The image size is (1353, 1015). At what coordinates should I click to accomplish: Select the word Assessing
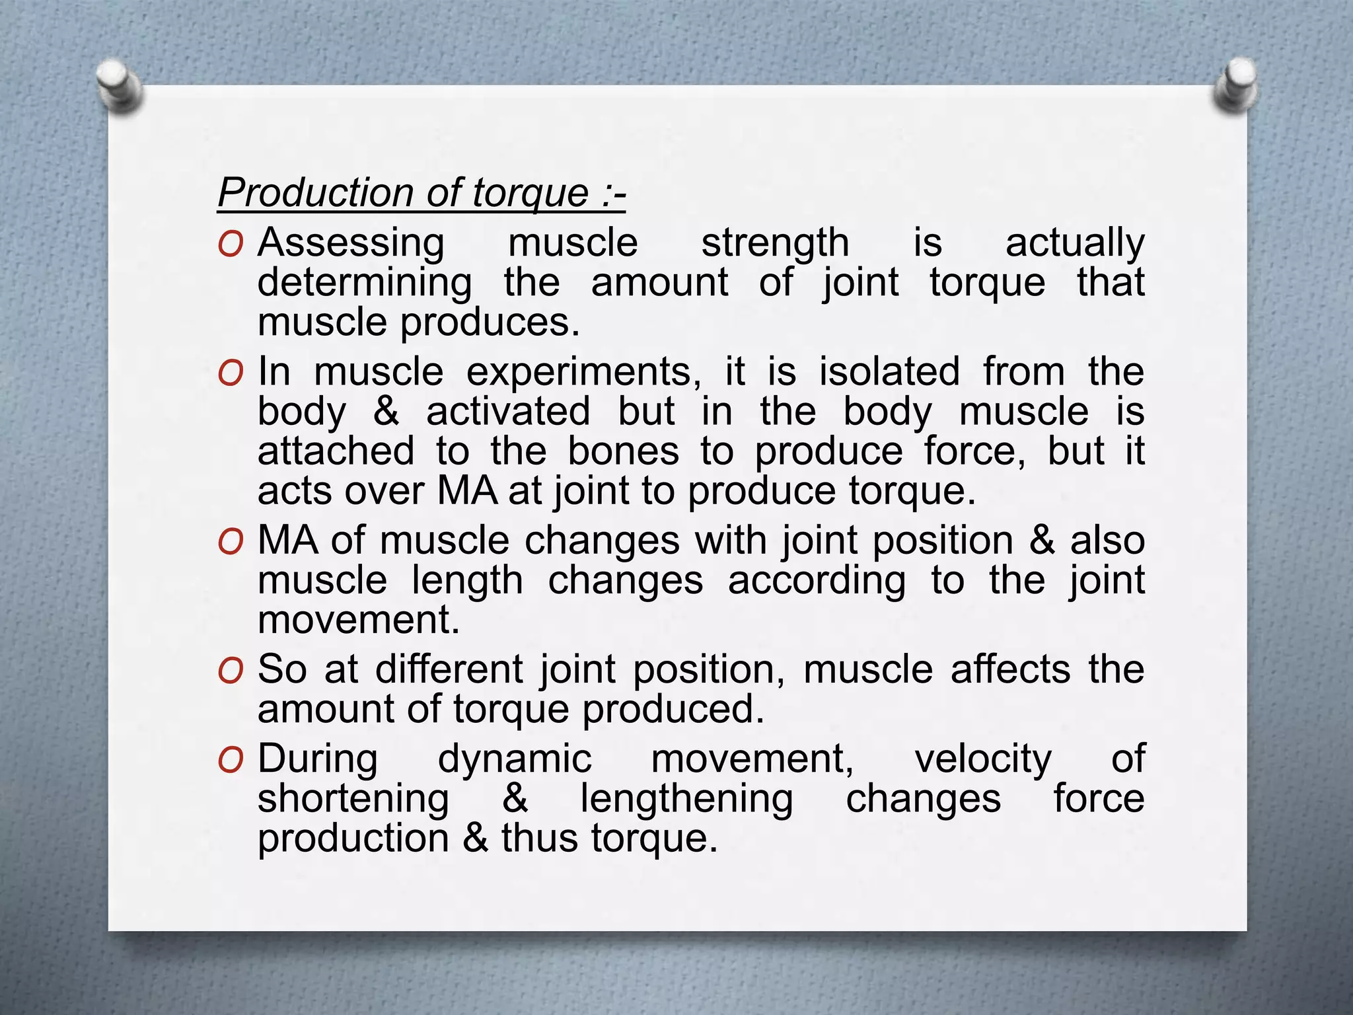pyautogui.click(x=351, y=243)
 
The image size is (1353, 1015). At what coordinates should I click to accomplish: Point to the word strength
pyautogui.click(x=775, y=243)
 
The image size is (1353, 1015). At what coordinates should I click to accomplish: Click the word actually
pyautogui.click(x=1075, y=243)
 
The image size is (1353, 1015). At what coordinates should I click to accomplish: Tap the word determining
pyautogui.click(x=365, y=283)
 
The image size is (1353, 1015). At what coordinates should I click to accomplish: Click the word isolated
pyautogui.click(x=889, y=371)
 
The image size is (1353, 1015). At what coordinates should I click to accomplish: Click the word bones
pyautogui.click(x=623, y=451)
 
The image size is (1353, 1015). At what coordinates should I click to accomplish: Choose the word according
pyautogui.click(x=817, y=581)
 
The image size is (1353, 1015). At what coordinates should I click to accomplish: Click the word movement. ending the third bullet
pyautogui.click(x=358, y=620)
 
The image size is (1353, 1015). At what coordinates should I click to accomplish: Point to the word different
pyautogui.click(x=449, y=669)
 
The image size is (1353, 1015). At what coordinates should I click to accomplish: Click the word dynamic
pyautogui.click(x=515, y=759)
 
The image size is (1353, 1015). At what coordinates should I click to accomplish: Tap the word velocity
pyautogui.click(x=983, y=759)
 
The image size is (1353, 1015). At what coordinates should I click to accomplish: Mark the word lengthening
pyautogui.click(x=686, y=798)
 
